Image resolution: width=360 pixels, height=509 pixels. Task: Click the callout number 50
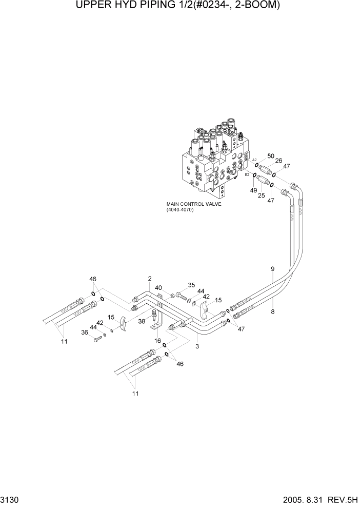click(271, 155)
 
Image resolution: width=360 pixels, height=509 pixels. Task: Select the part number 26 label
click(279, 161)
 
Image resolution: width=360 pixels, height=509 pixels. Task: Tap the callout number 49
click(253, 190)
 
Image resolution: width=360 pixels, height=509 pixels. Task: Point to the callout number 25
click(262, 195)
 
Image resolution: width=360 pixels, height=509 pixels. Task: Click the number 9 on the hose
click(272, 268)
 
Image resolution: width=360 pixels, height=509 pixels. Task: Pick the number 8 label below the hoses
click(272, 311)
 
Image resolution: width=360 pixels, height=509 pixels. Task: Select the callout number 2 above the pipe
click(150, 279)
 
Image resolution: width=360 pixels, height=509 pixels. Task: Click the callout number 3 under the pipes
click(197, 346)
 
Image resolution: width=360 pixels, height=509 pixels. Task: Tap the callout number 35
click(191, 285)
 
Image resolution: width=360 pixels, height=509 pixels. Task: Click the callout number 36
click(85, 332)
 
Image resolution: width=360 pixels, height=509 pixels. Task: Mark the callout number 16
click(157, 340)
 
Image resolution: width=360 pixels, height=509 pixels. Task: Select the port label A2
click(254, 160)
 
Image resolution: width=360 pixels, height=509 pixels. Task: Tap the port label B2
click(247, 175)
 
